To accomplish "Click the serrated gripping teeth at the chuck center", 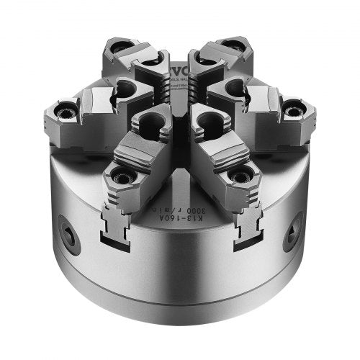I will (179, 101).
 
